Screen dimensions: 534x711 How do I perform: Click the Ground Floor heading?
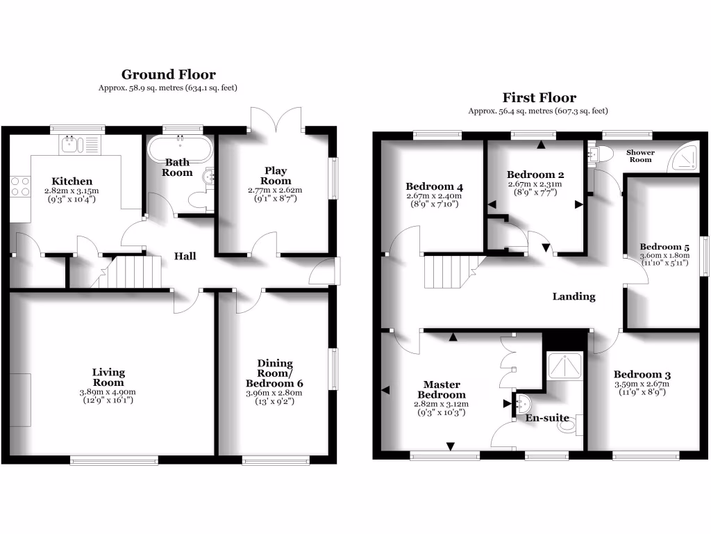pyautogui.click(x=168, y=74)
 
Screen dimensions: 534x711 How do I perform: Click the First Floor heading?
pyautogui.click(x=540, y=98)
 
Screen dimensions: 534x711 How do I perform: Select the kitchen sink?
pyautogui.click(x=72, y=145)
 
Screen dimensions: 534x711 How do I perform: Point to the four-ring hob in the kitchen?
pyautogui.click(x=19, y=186)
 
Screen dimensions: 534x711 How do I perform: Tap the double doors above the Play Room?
pyautogui.click(x=276, y=120)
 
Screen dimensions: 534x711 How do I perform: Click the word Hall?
pyautogui.click(x=185, y=256)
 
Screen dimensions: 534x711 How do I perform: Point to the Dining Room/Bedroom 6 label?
pyautogui.click(x=275, y=373)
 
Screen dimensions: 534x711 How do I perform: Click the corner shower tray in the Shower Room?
pyautogui.click(x=685, y=160)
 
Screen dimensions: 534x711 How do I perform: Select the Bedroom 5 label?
pyautogui.click(x=664, y=247)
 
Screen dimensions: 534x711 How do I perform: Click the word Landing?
pyautogui.click(x=574, y=296)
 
